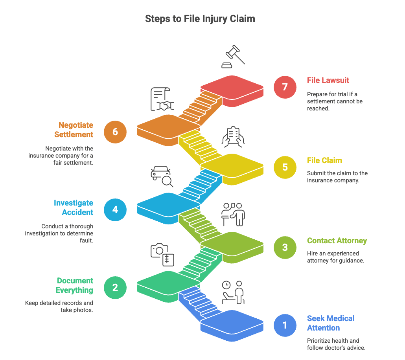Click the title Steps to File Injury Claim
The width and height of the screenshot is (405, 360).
coord(200,18)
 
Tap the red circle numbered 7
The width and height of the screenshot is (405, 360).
coord(285,87)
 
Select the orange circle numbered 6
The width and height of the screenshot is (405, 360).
coord(115,132)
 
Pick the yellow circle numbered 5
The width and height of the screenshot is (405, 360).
coord(285,167)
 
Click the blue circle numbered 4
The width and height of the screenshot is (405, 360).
coord(115,209)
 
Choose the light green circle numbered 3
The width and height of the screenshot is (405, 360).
coord(285,247)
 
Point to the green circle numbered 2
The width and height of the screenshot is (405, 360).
coord(115,287)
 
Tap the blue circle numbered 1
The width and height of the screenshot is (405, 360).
coord(285,325)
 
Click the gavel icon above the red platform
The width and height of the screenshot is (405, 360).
coord(234,57)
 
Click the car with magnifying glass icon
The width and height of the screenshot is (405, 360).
coord(162,176)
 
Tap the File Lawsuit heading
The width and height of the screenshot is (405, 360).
coord(328,80)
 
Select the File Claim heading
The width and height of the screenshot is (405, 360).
coord(324,160)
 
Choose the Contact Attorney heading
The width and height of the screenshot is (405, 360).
coord(337,241)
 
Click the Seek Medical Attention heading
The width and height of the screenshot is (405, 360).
coord(331,323)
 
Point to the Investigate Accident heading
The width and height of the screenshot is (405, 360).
coord(74,208)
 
